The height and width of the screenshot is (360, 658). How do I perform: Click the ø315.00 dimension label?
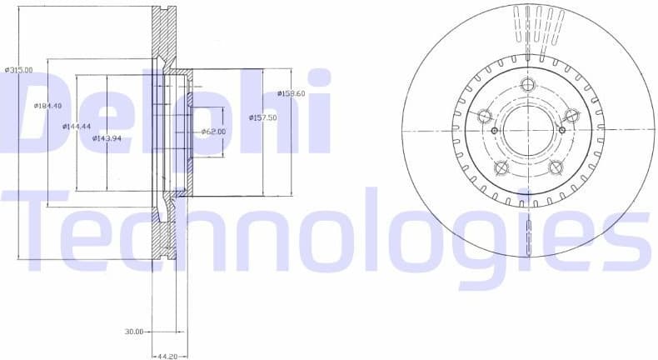[18, 70]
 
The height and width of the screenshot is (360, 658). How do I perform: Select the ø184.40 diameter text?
[48, 106]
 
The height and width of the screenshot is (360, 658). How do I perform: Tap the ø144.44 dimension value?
[77, 127]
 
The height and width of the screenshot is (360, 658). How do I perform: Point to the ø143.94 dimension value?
[107, 138]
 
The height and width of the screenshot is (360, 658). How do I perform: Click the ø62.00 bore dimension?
[214, 132]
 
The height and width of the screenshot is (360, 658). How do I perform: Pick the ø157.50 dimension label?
[262, 118]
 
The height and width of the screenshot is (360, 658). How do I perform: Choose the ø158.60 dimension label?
[292, 93]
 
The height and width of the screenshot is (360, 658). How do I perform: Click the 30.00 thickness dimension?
[134, 332]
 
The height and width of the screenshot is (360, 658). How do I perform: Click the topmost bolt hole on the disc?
[527, 83]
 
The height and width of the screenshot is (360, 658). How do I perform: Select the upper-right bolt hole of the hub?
[571, 115]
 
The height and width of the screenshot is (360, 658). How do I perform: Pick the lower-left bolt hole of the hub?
[501, 167]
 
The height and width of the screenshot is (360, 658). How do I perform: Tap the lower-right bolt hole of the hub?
[555, 167]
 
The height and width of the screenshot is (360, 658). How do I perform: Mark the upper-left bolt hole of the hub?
[484, 116]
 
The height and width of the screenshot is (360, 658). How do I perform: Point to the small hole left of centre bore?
[494, 131]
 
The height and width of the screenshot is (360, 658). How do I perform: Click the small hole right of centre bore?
[561, 130]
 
